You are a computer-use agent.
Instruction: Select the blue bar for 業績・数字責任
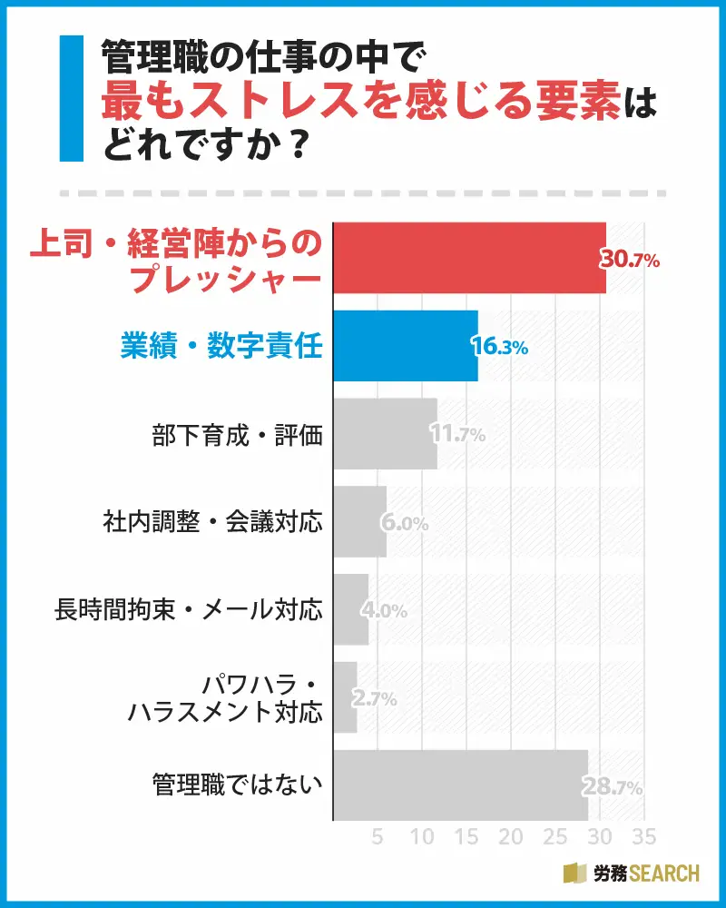tap(405, 346)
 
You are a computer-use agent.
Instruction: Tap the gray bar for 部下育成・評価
tap(385, 434)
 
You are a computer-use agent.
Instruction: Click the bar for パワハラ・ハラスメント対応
tap(346, 697)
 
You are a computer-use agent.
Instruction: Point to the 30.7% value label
tap(629, 260)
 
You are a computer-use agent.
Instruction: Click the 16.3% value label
tap(499, 347)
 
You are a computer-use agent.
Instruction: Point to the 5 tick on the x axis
tap(378, 835)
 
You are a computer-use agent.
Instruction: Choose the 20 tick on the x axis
tap(511, 835)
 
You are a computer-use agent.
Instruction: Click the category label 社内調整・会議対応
tap(212, 522)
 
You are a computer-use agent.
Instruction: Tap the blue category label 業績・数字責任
tap(221, 346)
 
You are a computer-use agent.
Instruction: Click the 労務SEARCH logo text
tap(647, 873)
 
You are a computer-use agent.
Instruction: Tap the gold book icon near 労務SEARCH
tap(575, 873)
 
